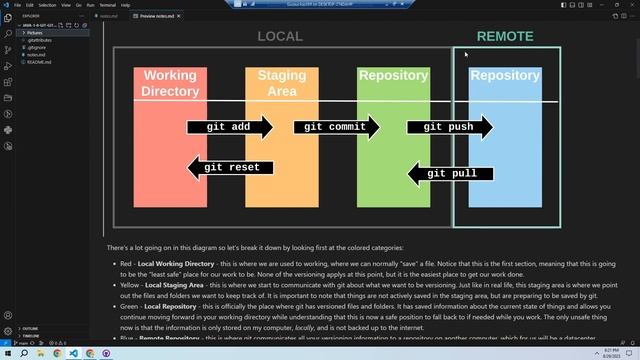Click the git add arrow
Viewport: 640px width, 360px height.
[x=229, y=127]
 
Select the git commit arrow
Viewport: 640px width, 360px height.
[x=336, y=127]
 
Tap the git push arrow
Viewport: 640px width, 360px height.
[x=449, y=127]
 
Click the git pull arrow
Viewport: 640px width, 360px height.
[x=450, y=174]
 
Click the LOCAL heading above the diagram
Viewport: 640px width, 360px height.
[x=280, y=37]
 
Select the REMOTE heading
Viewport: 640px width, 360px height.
[x=505, y=37]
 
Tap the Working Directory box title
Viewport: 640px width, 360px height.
[x=170, y=83]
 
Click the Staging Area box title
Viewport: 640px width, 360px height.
[x=281, y=83]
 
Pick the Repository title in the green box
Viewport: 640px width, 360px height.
[x=393, y=75]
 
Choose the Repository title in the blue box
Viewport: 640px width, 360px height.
[x=505, y=75]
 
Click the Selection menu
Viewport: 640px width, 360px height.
[x=46, y=5]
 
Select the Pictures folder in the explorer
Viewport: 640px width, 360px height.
[x=36, y=33]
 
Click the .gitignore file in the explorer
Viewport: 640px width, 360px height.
[x=38, y=47]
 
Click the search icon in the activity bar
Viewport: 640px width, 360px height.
[x=7, y=33]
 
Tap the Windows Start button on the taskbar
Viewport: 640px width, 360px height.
[x=8, y=353]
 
